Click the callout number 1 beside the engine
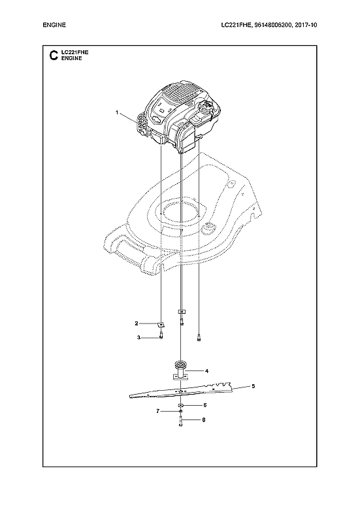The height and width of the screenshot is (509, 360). click(118, 112)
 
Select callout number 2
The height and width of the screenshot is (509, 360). click(136, 323)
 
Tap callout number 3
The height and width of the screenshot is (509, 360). click(139, 337)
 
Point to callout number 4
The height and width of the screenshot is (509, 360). click(206, 370)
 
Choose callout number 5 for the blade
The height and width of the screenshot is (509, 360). click(254, 386)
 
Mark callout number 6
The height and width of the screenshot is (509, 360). click(205, 405)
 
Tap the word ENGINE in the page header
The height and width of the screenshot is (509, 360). click(55, 25)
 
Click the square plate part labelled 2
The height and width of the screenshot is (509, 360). click(160, 323)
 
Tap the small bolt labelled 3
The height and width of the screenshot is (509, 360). click(160, 337)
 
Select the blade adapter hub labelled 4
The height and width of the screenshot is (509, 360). click(180, 369)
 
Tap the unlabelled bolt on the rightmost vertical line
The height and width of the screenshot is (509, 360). click(198, 337)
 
